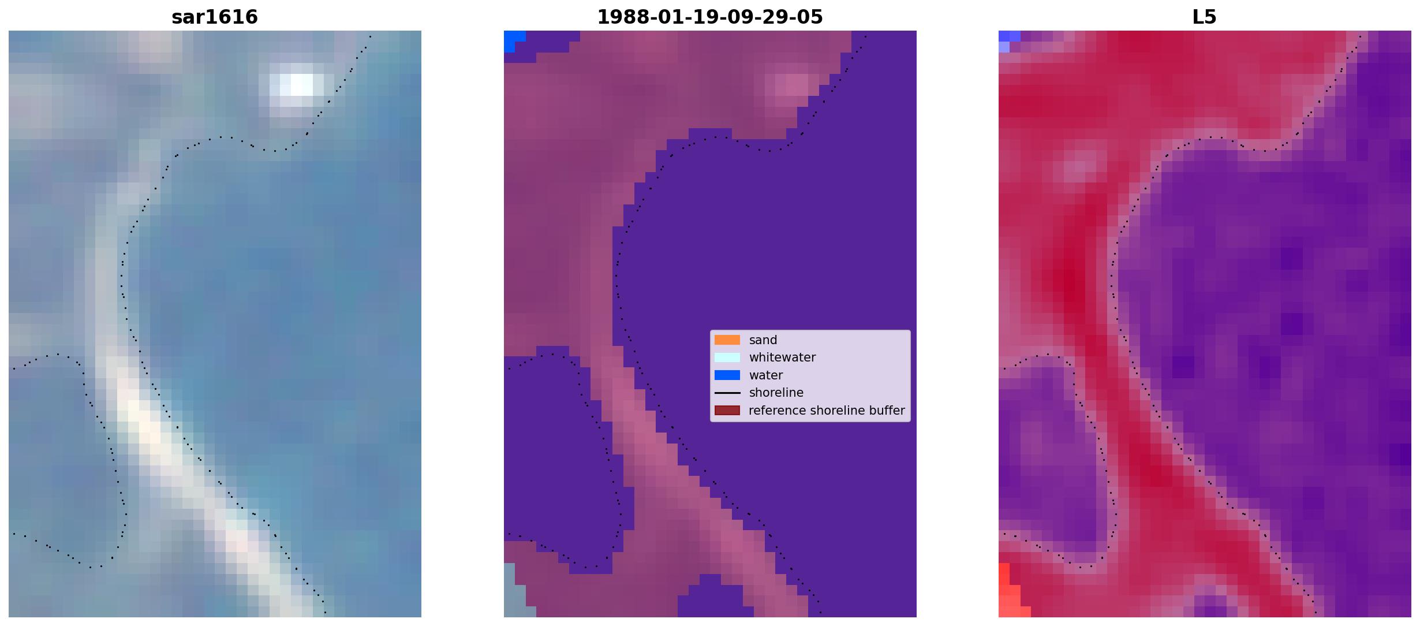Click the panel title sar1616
tap(215, 17)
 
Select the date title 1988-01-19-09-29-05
tap(710, 17)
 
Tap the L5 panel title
tap(1205, 17)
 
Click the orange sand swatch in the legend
tap(727, 340)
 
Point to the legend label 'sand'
tap(763, 340)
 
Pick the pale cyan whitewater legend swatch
tap(727, 357)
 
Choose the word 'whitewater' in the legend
tap(782, 357)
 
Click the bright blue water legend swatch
tap(727, 375)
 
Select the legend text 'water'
tap(766, 375)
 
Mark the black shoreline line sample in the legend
tap(727, 393)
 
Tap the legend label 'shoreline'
tap(776, 393)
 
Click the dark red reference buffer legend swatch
tap(727, 411)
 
